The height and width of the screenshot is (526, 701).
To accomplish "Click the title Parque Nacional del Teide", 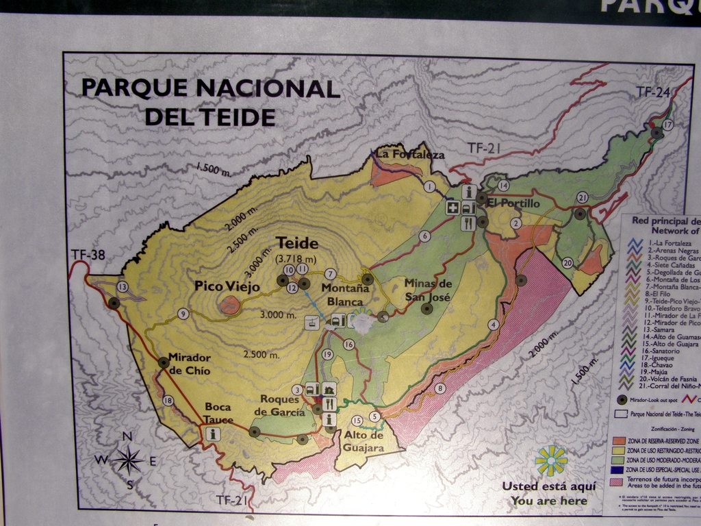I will pyautogui.click(x=210, y=102).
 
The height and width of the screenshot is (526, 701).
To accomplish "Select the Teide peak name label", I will pyautogui.click(x=296, y=243).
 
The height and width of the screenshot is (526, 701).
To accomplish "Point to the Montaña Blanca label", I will pyautogui.click(x=345, y=295).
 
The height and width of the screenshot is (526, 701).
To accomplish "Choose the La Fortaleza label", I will pyautogui.click(x=410, y=155).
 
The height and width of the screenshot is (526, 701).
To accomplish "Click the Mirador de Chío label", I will pyautogui.click(x=189, y=364).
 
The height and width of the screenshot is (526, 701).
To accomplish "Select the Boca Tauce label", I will pyautogui.click(x=218, y=412).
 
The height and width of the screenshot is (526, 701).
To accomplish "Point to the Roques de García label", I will pyautogui.click(x=279, y=405).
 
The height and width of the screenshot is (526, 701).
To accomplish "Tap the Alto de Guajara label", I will pyautogui.click(x=364, y=442).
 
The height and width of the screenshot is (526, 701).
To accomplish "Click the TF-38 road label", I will pyautogui.click(x=88, y=255).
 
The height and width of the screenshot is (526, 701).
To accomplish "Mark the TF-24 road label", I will pyautogui.click(x=652, y=91).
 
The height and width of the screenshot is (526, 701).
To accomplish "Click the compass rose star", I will pyautogui.click(x=127, y=460).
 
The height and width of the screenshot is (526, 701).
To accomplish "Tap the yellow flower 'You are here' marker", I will pyautogui.click(x=551, y=461).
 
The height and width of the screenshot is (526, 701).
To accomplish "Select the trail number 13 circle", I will pyautogui.click(x=123, y=287).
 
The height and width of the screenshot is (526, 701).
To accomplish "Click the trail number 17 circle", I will pyautogui.click(x=667, y=125).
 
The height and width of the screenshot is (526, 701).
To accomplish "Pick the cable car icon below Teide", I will pyautogui.click(x=313, y=322).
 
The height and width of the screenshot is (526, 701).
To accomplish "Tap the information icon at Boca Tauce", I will pyautogui.click(x=213, y=434).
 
